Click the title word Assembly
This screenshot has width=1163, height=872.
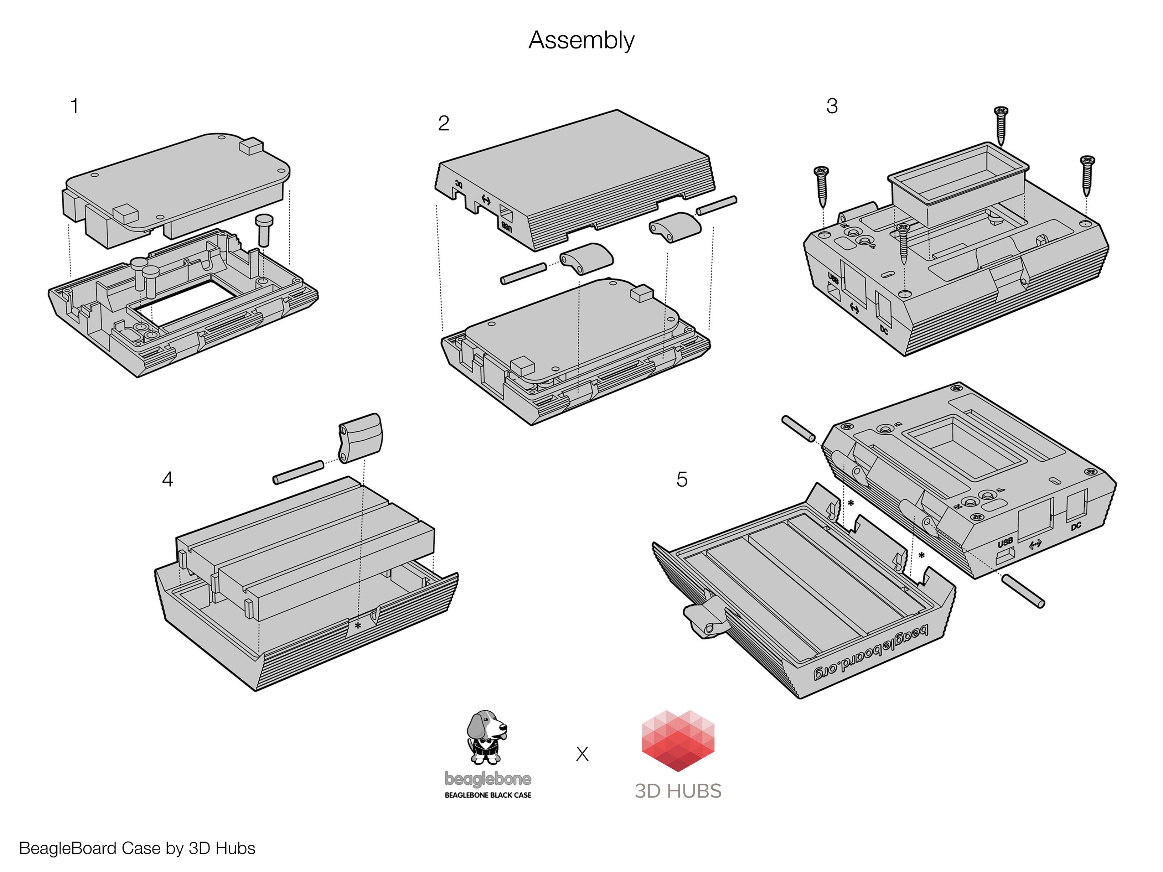tap(581, 41)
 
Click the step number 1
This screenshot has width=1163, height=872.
tap(75, 106)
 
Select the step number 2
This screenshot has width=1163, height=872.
tap(443, 124)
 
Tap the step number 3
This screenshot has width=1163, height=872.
tap(832, 106)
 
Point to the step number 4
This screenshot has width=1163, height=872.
tap(167, 479)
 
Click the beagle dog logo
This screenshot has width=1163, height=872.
tap(486, 737)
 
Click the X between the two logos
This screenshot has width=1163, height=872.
tap(582, 754)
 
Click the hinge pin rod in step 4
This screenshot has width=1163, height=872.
tap(298, 472)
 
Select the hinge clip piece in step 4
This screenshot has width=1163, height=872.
tap(360, 437)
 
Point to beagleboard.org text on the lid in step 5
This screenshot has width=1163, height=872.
tap(871, 652)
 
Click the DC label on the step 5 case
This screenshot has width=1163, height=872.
tap(1076, 526)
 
